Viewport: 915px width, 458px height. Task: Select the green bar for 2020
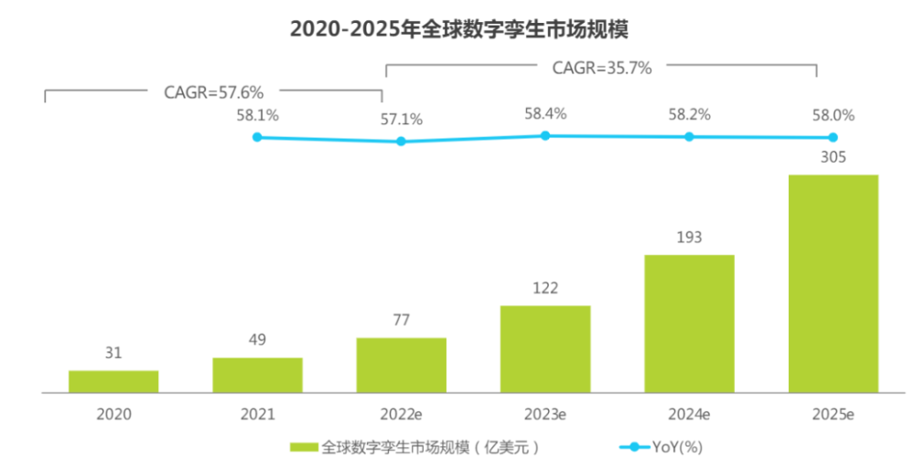[113, 381]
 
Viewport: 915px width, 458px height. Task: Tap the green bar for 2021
[257, 375]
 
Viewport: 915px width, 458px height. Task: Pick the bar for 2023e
[545, 348]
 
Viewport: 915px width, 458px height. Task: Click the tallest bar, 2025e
[834, 283]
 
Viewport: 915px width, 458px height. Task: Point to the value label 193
[689, 238]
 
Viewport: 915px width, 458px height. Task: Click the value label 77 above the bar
[401, 320]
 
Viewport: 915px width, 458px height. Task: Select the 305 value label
[834, 156]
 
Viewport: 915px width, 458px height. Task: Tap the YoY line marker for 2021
[257, 137]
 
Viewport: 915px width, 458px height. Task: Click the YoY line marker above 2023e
[545, 135]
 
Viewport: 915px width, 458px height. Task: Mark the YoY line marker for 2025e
[834, 138]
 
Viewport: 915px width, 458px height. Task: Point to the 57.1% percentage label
[401, 119]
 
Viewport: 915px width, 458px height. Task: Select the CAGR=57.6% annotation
[213, 91]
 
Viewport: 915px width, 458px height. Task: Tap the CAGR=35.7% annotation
[601, 67]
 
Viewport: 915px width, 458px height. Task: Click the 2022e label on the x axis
[401, 414]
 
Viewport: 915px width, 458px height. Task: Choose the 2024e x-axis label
[689, 414]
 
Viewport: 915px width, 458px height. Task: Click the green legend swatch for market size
[305, 446]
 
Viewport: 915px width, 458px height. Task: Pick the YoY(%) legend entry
[662, 446]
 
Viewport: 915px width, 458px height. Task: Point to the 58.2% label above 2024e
[689, 115]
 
